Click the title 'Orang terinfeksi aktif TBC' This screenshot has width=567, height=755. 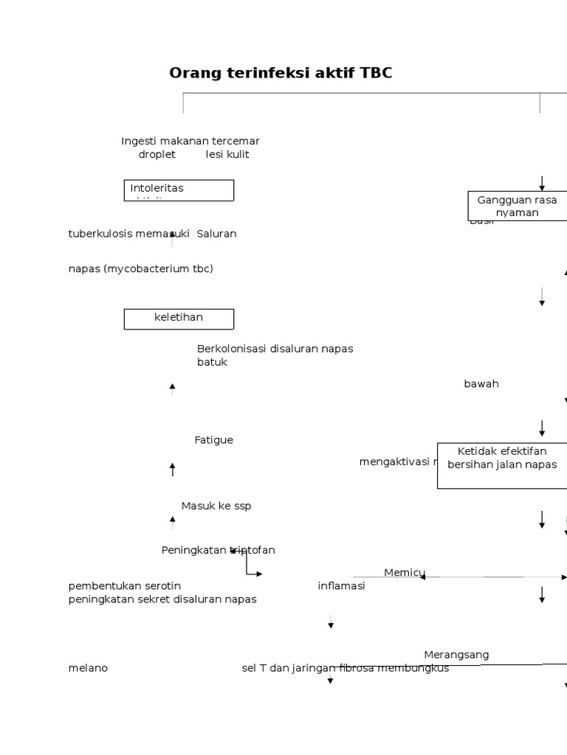pyautogui.click(x=281, y=73)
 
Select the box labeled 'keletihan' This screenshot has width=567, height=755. pyautogui.click(x=179, y=319)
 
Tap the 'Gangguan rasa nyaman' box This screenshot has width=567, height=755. pyautogui.click(x=517, y=206)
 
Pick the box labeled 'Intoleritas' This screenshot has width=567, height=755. pyautogui.click(x=179, y=190)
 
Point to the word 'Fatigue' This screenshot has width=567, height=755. pyautogui.click(x=213, y=440)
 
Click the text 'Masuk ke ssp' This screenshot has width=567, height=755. pyautogui.click(x=216, y=506)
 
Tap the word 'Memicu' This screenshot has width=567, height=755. pyautogui.click(x=404, y=573)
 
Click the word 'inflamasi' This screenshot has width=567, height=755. pyautogui.click(x=341, y=586)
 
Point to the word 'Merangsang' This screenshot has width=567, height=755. pyautogui.click(x=456, y=655)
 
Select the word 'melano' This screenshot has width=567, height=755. pyautogui.click(x=88, y=668)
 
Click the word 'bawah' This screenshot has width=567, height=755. pyautogui.click(x=481, y=384)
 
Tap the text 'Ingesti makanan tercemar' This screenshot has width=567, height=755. pyautogui.click(x=190, y=141)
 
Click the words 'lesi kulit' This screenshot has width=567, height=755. pyautogui.click(x=227, y=154)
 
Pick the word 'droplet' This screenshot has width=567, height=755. pyautogui.click(x=157, y=154)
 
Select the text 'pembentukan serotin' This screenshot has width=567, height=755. pyautogui.click(x=125, y=586)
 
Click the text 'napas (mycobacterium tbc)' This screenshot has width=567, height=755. pyautogui.click(x=140, y=268)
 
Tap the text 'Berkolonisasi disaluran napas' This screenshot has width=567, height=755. pyautogui.click(x=275, y=349)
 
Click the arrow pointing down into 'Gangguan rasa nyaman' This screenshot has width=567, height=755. pyautogui.click(x=542, y=183)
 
